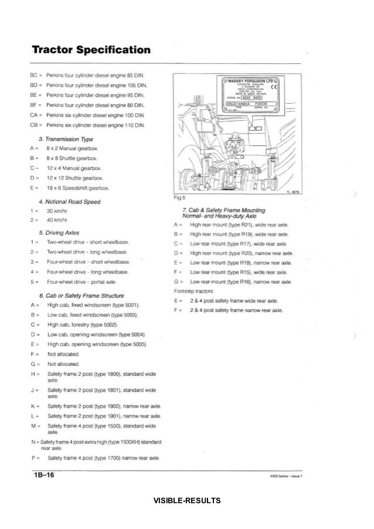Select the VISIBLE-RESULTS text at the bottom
coord(187,500)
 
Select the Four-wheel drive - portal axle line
coord(89,282)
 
